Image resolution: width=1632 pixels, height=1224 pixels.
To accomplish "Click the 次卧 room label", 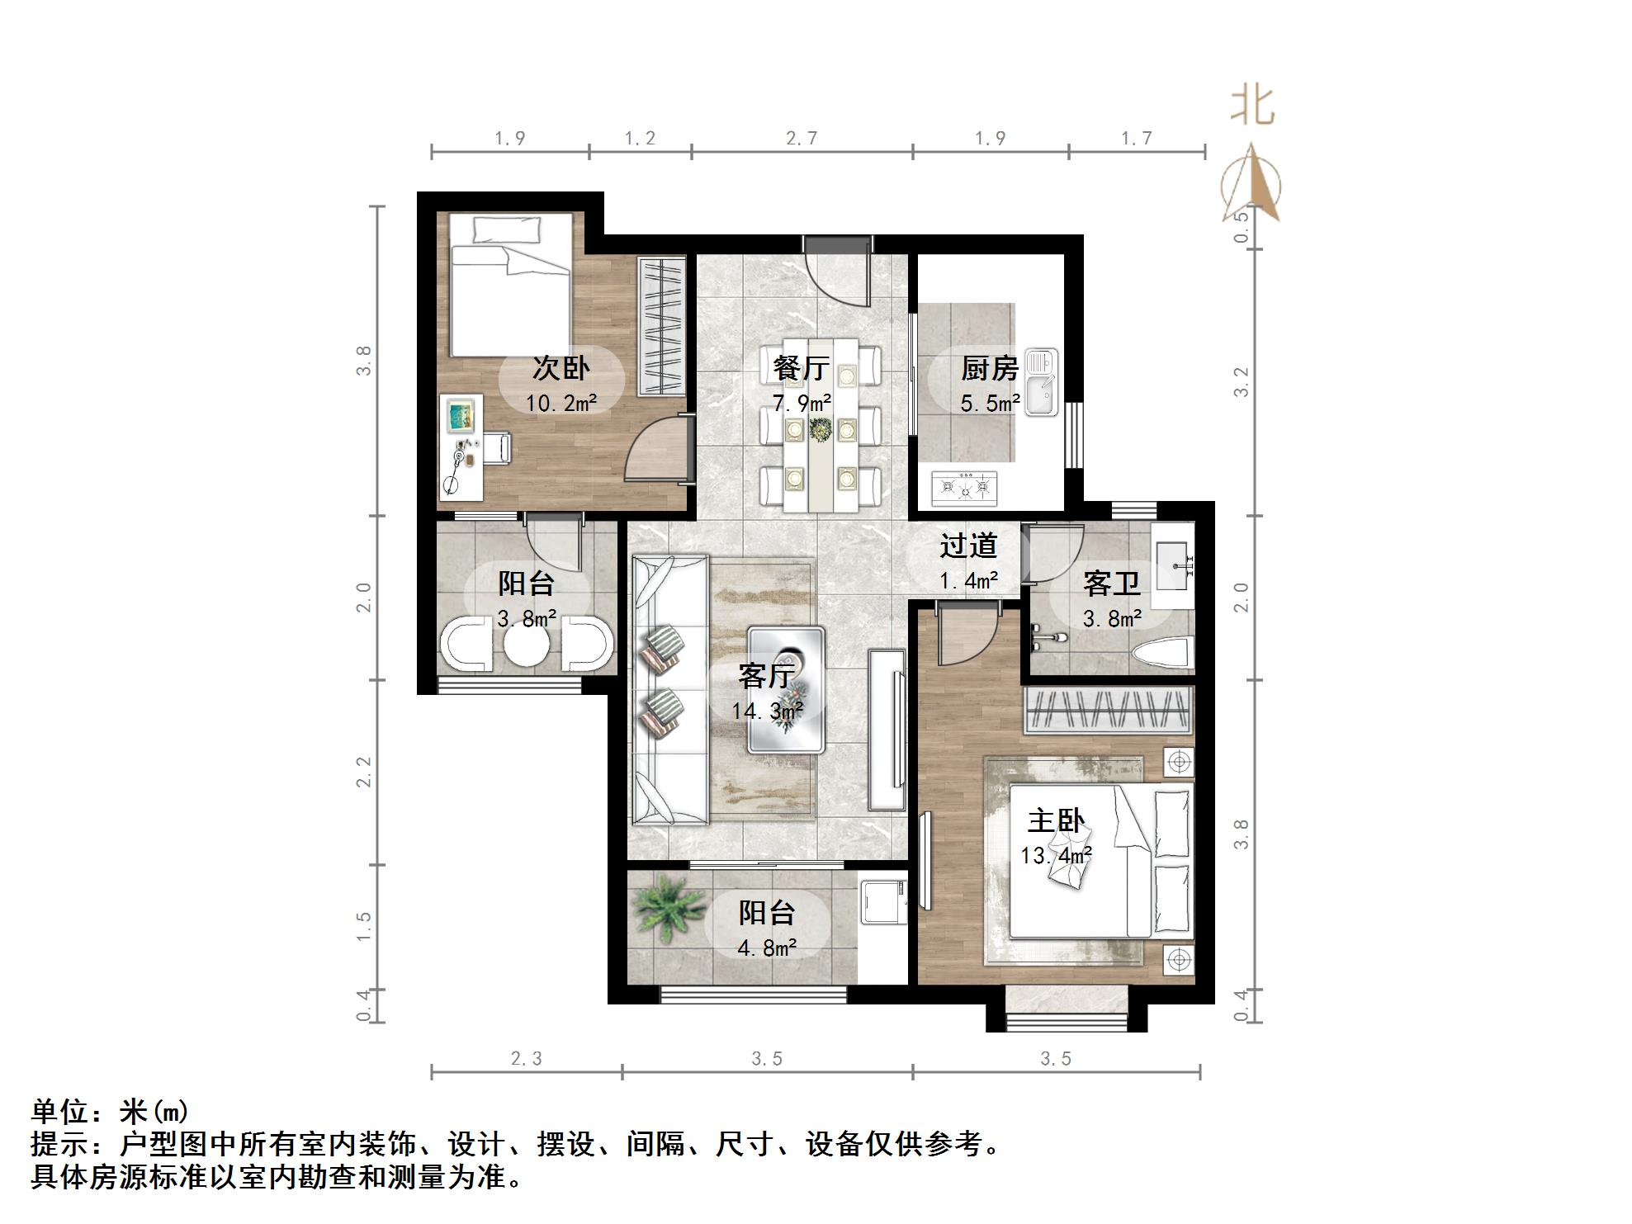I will [561, 368].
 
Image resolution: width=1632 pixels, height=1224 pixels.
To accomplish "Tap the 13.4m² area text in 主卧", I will [1056, 856].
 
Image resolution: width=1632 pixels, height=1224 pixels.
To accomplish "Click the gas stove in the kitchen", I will [964, 488].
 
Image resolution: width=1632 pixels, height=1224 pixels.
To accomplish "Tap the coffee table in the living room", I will [786, 690].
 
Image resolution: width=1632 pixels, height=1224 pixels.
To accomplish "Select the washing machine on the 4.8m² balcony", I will [883, 903].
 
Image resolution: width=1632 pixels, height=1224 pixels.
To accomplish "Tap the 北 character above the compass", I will [1252, 106].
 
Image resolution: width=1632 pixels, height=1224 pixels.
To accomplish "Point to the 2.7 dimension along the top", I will [802, 139].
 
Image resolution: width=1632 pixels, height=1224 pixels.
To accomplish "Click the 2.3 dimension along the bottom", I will [526, 1059].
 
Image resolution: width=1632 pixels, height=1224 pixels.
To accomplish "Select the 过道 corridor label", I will [968, 546].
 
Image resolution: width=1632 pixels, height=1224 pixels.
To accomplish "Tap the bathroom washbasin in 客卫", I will [1173, 565].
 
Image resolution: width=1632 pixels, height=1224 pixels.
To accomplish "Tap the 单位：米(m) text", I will [110, 1112].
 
